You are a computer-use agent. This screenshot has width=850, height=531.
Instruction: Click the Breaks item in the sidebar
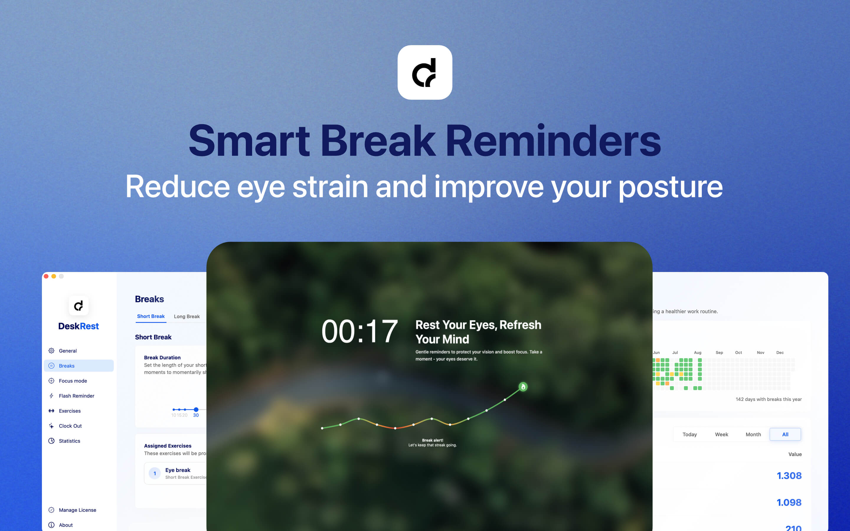(67, 366)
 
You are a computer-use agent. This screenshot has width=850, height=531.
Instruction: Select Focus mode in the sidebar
(73, 381)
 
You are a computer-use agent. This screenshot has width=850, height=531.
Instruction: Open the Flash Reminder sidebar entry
(76, 396)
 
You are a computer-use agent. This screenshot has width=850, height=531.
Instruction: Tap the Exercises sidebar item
(70, 411)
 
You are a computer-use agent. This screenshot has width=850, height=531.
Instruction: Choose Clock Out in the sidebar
(70, 426)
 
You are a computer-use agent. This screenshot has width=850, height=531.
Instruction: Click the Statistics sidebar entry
(69, 441)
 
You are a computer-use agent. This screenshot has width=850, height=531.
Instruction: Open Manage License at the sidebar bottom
(77, 510)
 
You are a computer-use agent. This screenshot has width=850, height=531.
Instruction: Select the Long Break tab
(187, 317)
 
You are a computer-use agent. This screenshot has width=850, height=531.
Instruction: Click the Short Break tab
(151, 317)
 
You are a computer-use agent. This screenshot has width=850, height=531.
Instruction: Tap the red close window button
(46, 276)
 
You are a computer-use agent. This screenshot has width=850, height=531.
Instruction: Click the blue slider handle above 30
(196, 409)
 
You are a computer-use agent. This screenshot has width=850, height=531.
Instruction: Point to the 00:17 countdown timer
(359, 332)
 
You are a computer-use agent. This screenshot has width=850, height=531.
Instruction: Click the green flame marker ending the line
(523, 387)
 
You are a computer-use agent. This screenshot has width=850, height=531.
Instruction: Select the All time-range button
(785, 435)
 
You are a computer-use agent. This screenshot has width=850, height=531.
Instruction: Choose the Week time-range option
(721, 435)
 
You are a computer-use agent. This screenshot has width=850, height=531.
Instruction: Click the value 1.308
(789, 476)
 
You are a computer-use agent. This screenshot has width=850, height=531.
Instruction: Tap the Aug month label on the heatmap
(698, 353)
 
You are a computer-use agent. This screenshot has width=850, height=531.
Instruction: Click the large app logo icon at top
(425, 72)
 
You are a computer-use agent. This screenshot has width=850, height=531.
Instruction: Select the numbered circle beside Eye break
(155, 473)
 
